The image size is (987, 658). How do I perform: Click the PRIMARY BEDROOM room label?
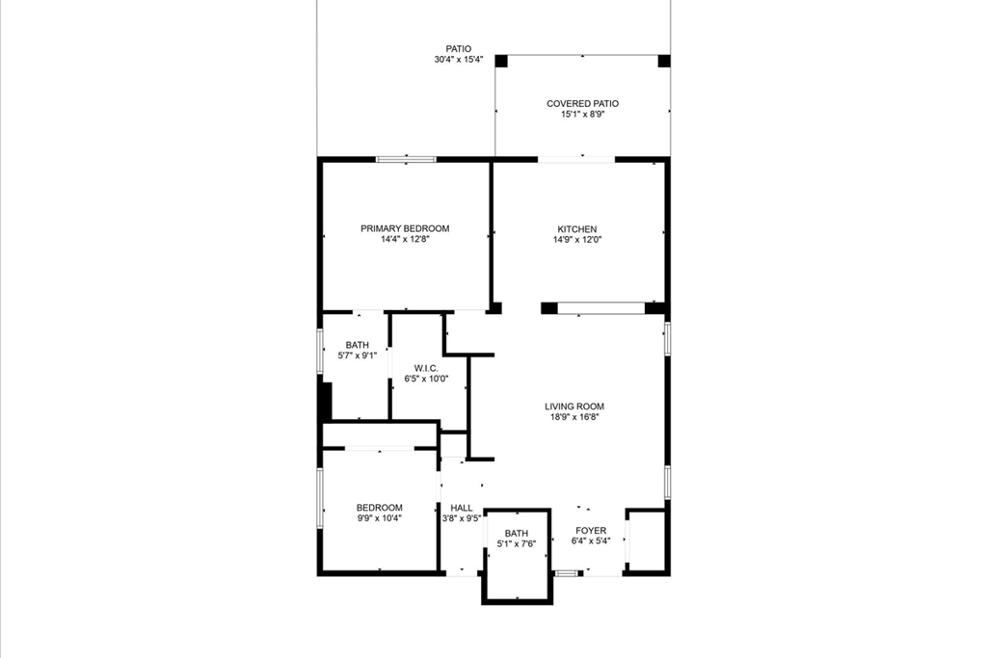405,228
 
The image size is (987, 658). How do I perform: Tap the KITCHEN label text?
576,229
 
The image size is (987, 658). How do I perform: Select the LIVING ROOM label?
574,407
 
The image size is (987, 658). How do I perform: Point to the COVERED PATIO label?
582,103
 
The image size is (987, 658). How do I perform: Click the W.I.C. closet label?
426,368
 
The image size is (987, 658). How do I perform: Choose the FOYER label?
591,531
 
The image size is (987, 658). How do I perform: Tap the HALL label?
462,508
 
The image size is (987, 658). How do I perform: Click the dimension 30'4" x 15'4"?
458,60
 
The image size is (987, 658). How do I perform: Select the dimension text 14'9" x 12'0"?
576,240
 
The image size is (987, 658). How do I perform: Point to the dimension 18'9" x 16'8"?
574,417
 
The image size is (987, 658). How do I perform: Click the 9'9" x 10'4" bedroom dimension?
379,518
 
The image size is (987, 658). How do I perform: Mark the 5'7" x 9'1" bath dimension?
358,356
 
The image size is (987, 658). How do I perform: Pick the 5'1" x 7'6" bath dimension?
517,544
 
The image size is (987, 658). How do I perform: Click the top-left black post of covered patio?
501,61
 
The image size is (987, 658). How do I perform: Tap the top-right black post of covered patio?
663,61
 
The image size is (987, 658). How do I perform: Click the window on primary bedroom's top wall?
406,159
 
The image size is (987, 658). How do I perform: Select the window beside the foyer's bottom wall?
569,573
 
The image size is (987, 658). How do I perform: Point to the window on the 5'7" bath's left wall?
321,351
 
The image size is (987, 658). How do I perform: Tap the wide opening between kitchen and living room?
601,308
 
